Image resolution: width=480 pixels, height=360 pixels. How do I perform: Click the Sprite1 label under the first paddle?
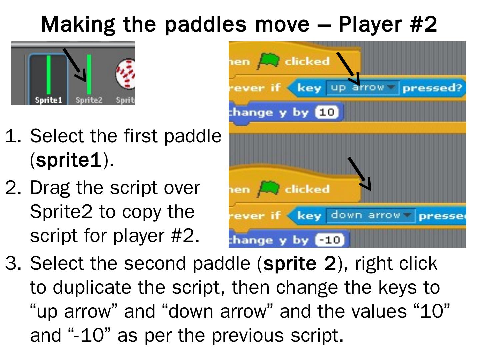(49, 100)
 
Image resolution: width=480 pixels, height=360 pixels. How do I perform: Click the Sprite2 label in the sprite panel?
(89, 100)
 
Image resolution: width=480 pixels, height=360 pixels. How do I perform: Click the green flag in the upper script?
(268, 61)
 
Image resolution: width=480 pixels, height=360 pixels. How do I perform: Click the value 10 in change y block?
(327, 112)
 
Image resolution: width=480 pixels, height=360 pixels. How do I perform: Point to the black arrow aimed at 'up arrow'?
(348, 68)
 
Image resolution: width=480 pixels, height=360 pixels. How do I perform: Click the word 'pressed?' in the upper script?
(432, 88)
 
